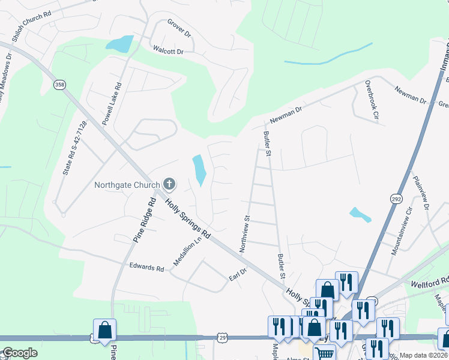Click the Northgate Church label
click(x=127, y=184)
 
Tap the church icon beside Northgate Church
click(x=169, y=184)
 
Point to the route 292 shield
click(x=397, y=198)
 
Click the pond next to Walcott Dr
click(x=119, y=44)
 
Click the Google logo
click(x=19, y=353)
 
